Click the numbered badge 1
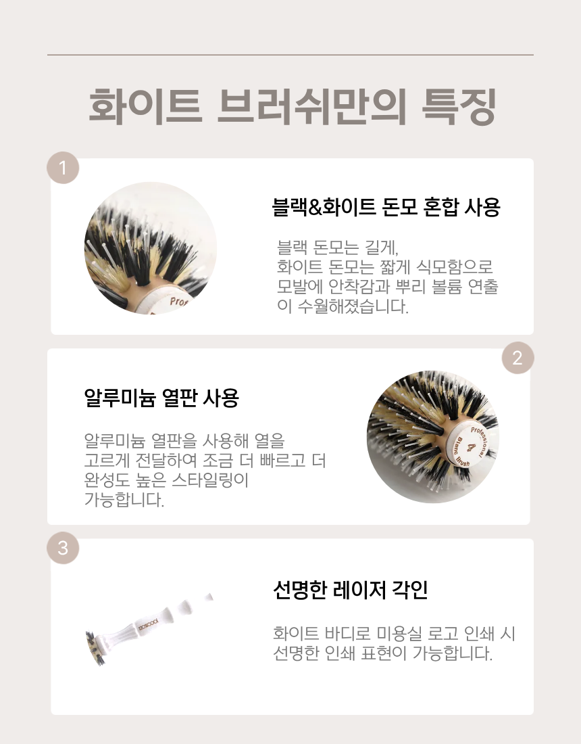pos(63,168)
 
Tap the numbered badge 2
pos(518,358)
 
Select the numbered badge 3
pos(63,548)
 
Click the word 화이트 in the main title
pos(146,107)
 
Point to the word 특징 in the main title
pos(459,107)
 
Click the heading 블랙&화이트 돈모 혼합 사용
pos(386,207)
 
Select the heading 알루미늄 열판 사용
pos(161,398)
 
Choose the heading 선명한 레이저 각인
pos(351,590)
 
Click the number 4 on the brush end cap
pos(471,447)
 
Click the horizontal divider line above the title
pos(290,55)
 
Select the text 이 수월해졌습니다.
pos(343,306)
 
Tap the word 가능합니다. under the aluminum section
pos(124,500)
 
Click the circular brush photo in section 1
pos(150,248)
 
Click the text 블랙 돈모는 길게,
pos(338,247)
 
